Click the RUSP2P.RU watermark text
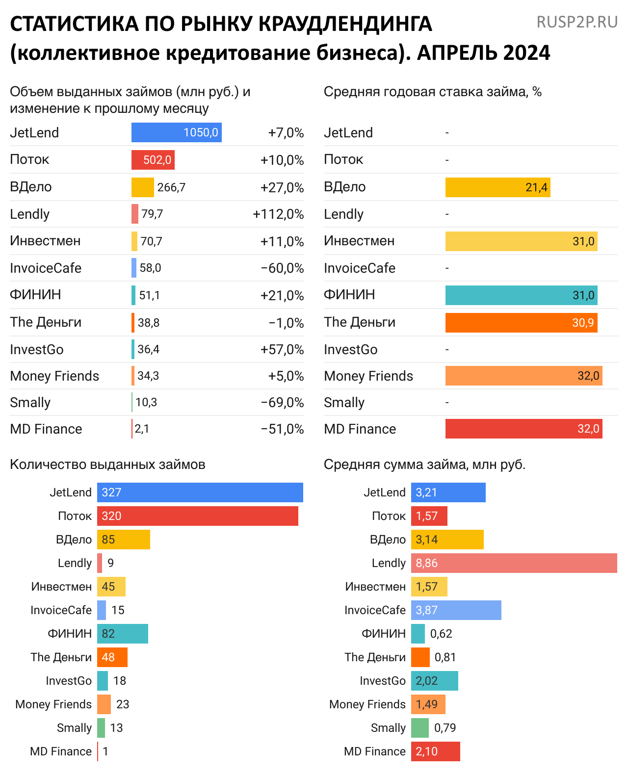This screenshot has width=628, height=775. click(x=577, y=22)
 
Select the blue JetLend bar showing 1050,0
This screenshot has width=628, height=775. click(x=176, y=132)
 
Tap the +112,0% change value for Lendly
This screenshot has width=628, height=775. click(x=278, y=214)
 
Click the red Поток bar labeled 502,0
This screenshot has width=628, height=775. click(x=153, y=160)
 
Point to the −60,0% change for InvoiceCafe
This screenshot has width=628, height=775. click(x=282, y=268)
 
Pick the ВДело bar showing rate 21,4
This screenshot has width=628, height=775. click(x=497, y=187)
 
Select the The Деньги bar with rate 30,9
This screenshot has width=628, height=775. click(x=521, y=323)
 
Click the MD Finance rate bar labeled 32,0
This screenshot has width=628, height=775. click(x=523, y=429)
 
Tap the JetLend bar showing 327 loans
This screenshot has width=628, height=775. click(x=200, y=492)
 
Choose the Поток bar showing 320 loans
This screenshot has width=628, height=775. click(x=197, y=516)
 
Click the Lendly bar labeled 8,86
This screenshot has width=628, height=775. click(x=514, y=563)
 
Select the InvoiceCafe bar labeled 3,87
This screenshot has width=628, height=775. click(x=456, y=610)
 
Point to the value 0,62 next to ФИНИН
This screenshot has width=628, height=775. click(x=441, y=634)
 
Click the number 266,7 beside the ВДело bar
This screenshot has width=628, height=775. click(x=171, y=187)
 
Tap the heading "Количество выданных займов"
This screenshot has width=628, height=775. click(x=107, y=465)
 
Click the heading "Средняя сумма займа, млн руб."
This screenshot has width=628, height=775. click(x=424, y=465)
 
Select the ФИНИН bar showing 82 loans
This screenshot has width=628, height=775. click(x=122, y=634)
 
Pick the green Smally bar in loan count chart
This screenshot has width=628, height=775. click(x=101, y=728)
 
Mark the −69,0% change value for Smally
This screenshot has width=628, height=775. click(x=282, y=403)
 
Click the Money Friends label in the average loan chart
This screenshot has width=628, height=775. click(x=367, y=704)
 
